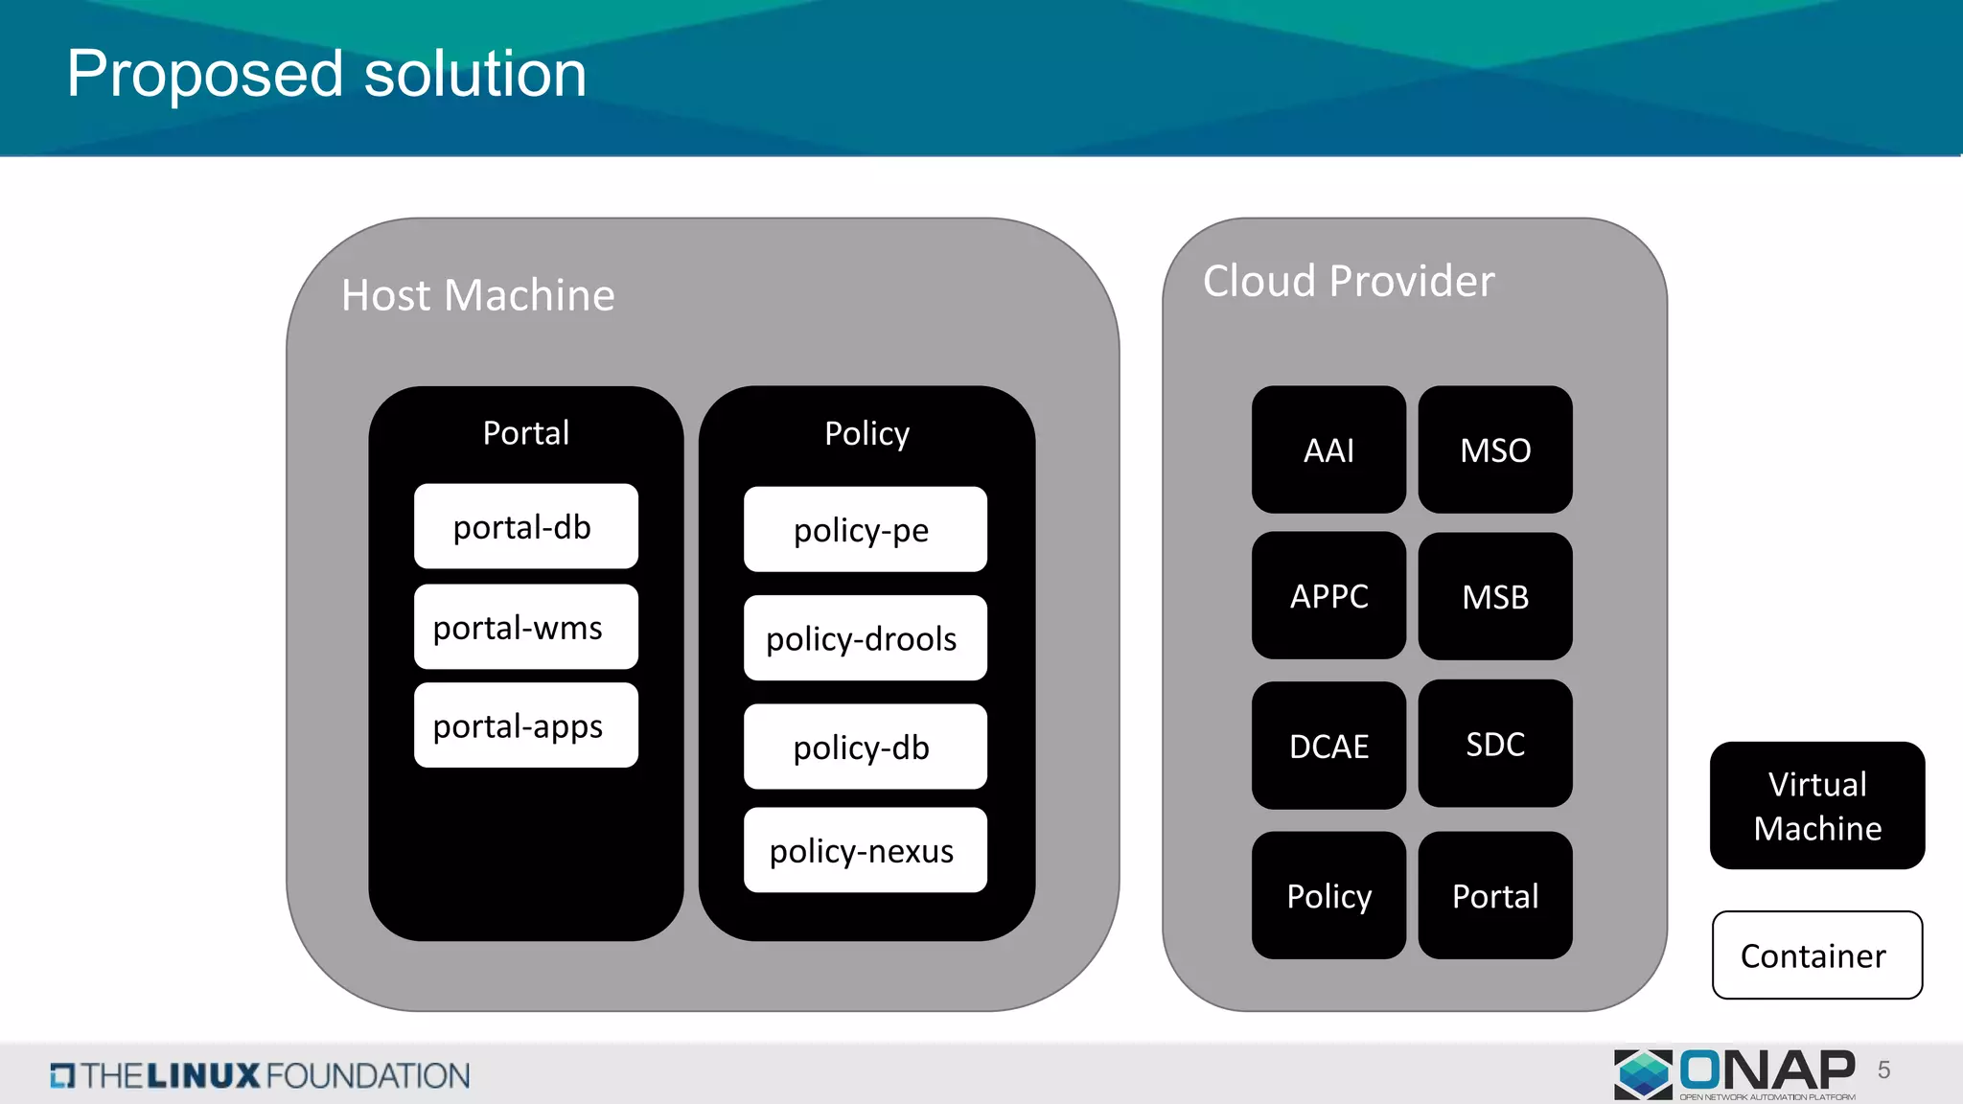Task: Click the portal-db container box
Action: coord(525,526)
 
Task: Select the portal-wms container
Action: coord(525,627)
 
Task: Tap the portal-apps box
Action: coord(525,725)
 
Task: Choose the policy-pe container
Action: coord(865,529)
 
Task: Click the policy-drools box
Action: coord(865,638)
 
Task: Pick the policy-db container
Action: coord(865,747)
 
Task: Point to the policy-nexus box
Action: coord(865,850)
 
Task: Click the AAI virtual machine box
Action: coord(1328,449)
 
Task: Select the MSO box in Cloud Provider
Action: coord(1495,449)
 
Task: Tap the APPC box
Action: coord(1328,595)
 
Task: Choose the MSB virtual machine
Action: coord(1495,596)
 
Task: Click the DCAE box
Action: coord(1328,746)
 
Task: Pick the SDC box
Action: coord(1495,744)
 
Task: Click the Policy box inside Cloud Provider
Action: coord(1328,895)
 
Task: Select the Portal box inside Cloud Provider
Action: coord(1495,895)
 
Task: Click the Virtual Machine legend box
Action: coord(1817,806)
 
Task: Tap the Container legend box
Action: coord(1817,955)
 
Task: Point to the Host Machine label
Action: coord(477,295)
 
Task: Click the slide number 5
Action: coord(1883,1070)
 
